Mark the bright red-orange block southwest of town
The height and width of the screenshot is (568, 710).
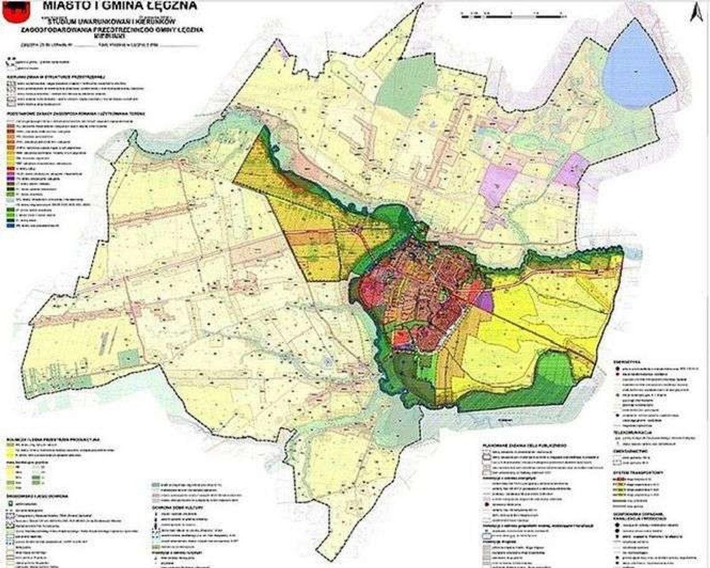tap(402, 339)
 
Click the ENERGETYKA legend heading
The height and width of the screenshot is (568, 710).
tap(627, 360)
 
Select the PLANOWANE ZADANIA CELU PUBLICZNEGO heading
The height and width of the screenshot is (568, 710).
tap(523, 446)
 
